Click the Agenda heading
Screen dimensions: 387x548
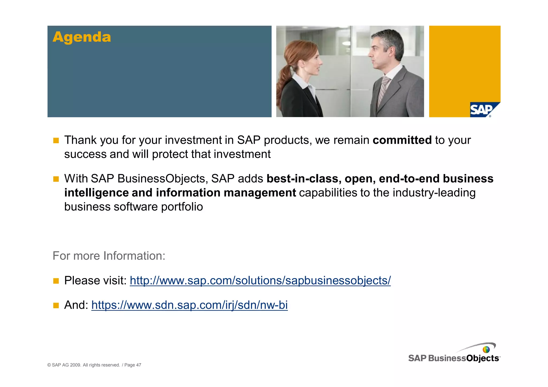[82, 37]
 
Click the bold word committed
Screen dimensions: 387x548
[402, 140]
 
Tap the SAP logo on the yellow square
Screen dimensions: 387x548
[482, 109]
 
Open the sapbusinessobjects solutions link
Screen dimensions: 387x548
[260, 281]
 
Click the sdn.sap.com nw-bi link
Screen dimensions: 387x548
[189, 305]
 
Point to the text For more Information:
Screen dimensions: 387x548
[109, 256]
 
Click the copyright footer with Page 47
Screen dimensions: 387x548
[94, 365]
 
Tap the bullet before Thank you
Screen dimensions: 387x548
[56, 141]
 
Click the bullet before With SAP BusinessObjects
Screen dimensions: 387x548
[56, 179]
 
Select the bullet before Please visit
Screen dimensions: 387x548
[56, 281]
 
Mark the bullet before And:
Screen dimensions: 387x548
[56, 305]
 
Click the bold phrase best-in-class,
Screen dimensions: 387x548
[304, 179]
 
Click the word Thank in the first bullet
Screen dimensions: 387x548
[80, 140]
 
